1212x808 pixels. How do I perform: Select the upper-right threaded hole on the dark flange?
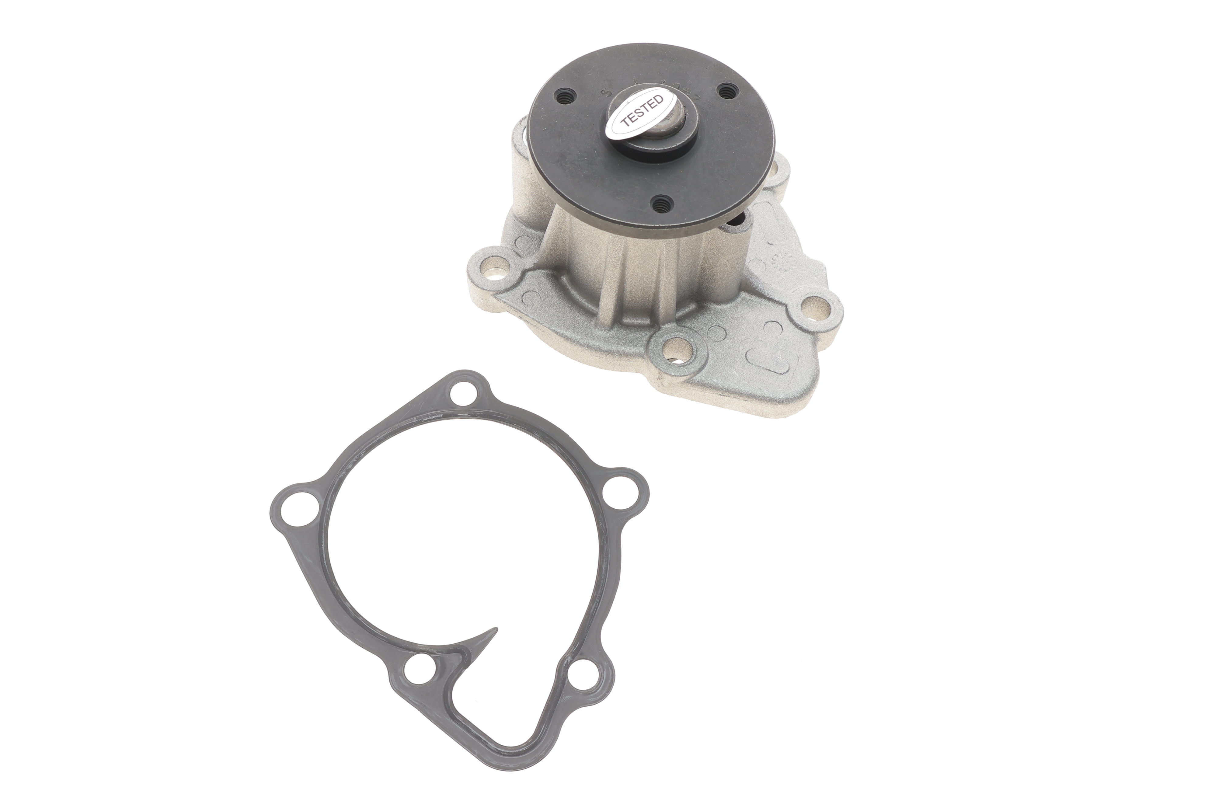(727, 92)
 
